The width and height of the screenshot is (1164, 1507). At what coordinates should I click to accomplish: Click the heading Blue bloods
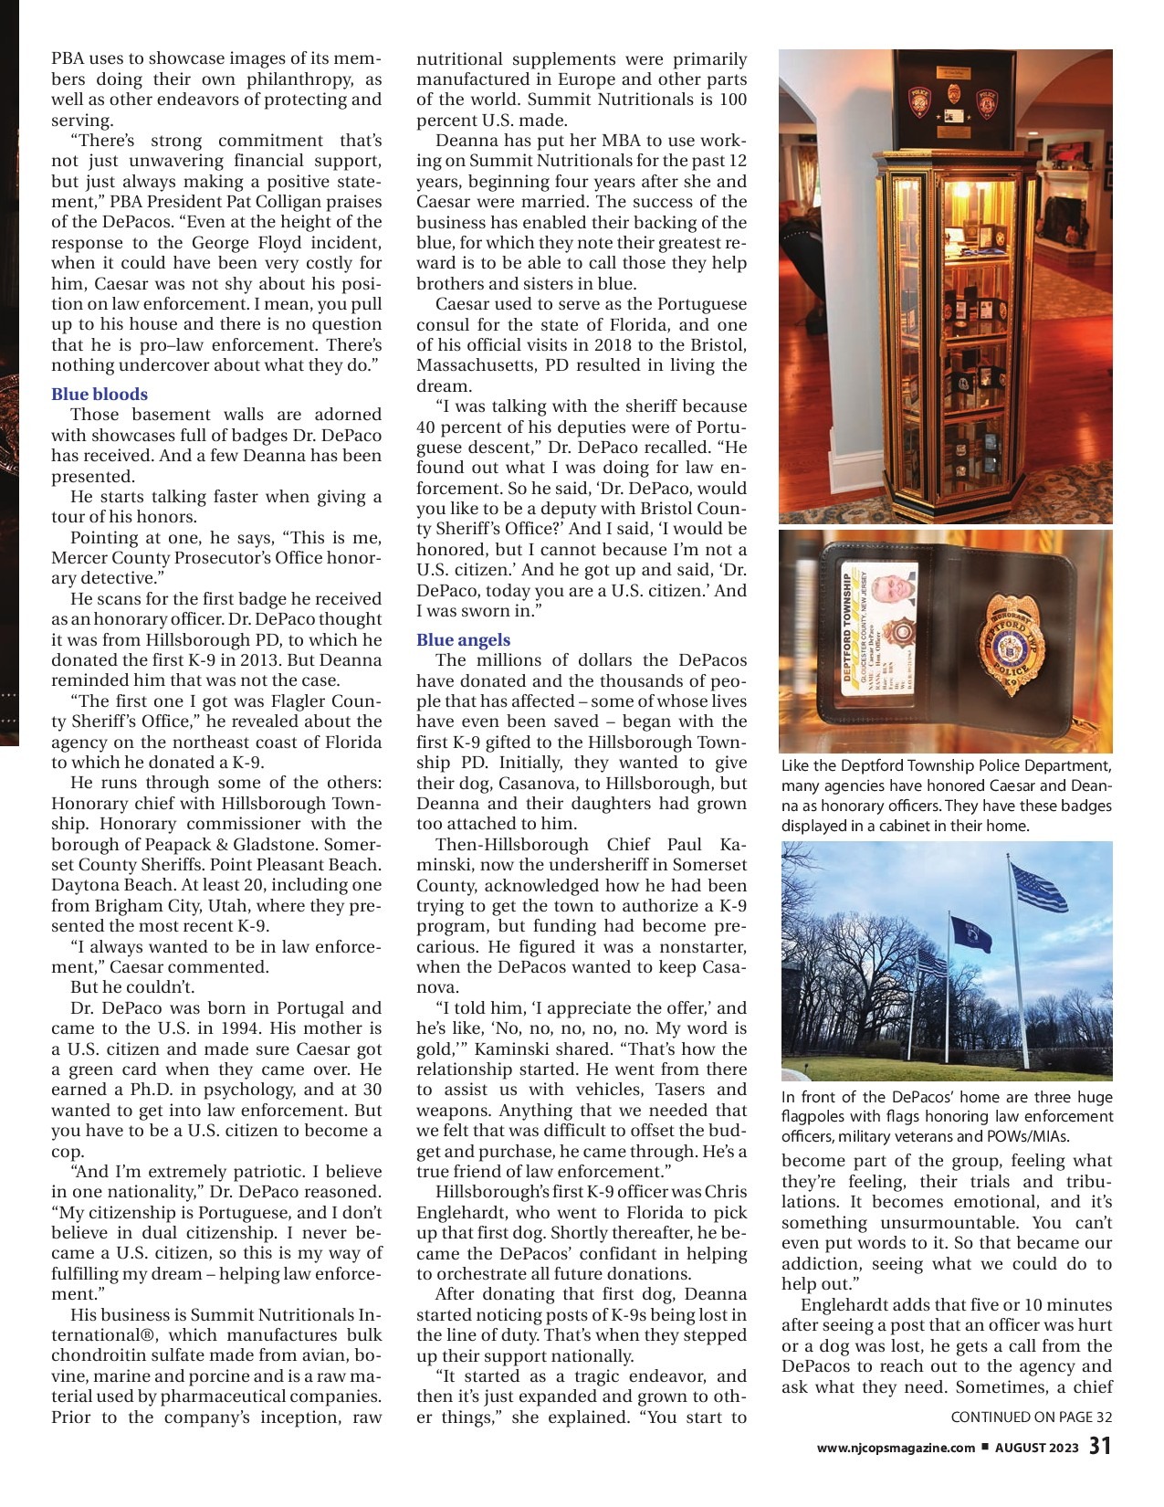(99, 395)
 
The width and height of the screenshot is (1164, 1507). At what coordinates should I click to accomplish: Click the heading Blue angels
(463, 640)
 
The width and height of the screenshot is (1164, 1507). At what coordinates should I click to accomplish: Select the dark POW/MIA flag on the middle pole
(970, 933)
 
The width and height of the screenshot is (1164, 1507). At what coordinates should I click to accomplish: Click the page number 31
(1100, 1447)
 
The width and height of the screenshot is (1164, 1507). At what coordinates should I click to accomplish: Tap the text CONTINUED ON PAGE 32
(1031, 1417)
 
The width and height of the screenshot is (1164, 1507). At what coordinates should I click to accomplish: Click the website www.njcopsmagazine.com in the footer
(895, 1448)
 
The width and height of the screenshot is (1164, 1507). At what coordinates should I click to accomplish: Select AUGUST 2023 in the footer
(1036, 1448)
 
